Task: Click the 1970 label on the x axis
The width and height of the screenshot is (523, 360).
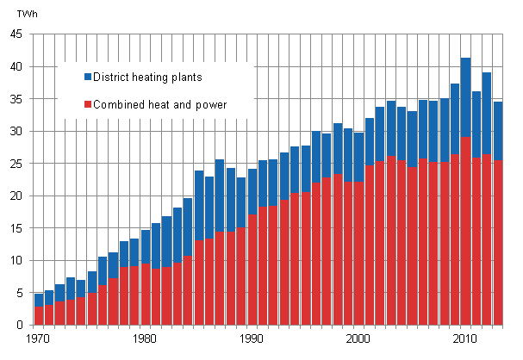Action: pos(38,339)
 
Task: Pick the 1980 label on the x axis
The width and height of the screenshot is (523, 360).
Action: pos(145,339)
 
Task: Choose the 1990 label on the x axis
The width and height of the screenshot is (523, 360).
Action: pos(252,339)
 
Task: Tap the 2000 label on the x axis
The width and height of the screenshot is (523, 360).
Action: pos(358,339)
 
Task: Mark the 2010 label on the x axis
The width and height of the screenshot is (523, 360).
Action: pos(465,339)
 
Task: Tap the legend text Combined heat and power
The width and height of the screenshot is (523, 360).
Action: pos(161,105)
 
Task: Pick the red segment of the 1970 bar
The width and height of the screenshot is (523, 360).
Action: pos(39,315)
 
